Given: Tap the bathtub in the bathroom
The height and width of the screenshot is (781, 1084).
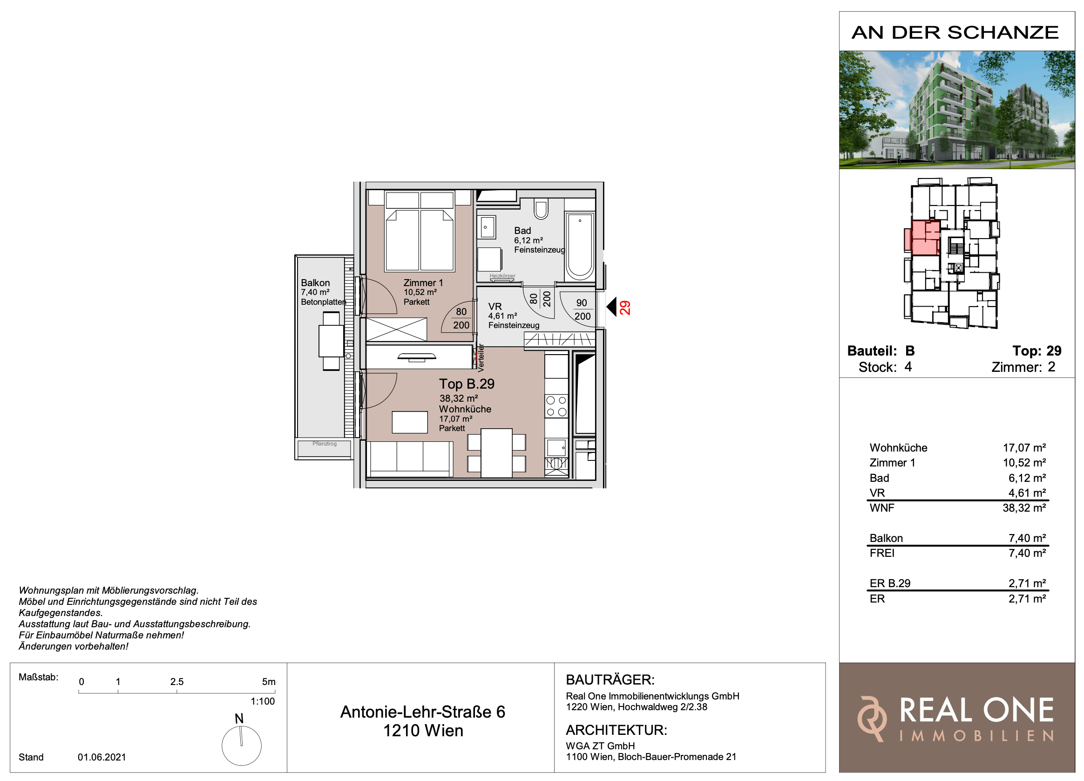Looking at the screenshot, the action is click(x=580, y=247).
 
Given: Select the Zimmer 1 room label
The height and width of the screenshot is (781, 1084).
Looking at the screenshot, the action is click(x=423, y=283).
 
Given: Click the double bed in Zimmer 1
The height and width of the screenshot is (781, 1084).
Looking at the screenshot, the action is click(x=420, y=231).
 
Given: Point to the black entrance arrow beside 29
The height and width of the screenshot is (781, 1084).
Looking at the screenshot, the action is click(x=611, y=307).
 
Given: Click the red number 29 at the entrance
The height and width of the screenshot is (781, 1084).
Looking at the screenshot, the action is click(x=625, y=308).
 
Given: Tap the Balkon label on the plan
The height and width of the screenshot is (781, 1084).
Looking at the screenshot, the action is click(x=315, y=283).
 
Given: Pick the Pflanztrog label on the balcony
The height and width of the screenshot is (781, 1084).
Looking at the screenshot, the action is click(x=325, y=444).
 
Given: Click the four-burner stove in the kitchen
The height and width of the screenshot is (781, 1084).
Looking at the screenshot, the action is click(x=556, y=406).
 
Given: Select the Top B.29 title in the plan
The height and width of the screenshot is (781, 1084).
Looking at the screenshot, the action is click(x=467, y=384).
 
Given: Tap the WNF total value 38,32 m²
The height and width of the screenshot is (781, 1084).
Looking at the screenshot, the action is click(x=1024, y=508).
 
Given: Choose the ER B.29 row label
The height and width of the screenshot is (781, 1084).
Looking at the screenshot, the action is click(x=890, y=583).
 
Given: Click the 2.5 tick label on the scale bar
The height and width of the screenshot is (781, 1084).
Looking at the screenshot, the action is click(x=177, y=682).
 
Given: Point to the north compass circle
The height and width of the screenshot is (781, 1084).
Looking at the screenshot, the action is click(x=241, y=746).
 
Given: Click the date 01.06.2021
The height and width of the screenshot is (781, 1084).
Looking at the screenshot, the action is click(x=102, y=757).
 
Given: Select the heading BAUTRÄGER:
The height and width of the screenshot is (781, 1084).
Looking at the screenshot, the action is click(x=610, y=679).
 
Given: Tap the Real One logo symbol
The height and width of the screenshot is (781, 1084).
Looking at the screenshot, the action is click(x=871, y=719).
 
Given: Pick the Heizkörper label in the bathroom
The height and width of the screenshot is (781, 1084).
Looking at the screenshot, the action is click(x=502, y=276).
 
